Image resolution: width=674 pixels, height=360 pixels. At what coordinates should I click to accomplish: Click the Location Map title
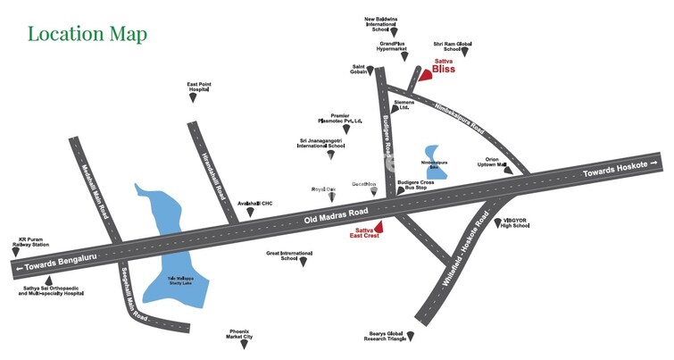click(87, 34)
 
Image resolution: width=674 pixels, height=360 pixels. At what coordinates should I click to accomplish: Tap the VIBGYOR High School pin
click(498, 223)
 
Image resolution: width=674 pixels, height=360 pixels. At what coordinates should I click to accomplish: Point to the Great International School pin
click(303, 262)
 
